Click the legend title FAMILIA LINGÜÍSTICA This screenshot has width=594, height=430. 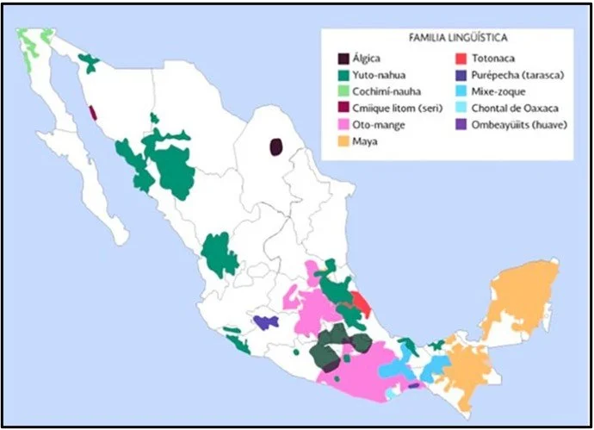click(457, 38)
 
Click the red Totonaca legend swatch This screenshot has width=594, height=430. click(460, 59)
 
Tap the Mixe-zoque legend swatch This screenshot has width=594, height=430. click(460, 91)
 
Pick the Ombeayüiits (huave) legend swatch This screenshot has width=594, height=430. click(460, 124)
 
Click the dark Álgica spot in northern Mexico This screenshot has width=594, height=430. click(276, 146)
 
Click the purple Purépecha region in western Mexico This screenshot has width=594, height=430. click(266, 322)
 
